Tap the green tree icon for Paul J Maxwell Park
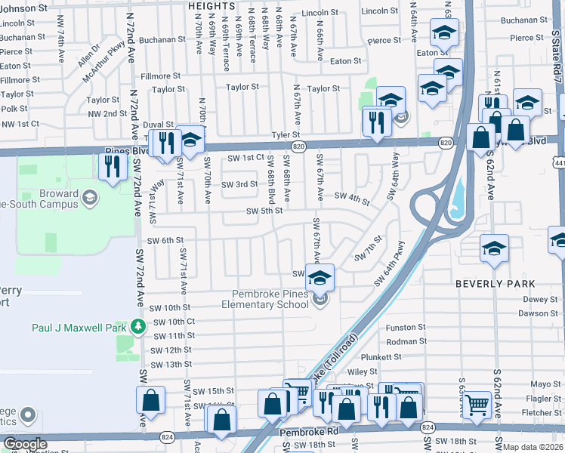coord(137,326)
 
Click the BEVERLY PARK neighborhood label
coord(495,284)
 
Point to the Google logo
coord(25,444)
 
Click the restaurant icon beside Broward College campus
coord(113,166)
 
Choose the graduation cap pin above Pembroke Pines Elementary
coord(320,277)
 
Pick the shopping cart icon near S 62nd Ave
coord(477,405)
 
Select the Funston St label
coord(406,328)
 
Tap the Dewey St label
coord(540,299)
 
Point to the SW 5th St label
coord(264,211)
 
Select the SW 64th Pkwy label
coord(390,264)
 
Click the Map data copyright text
coord(533,447)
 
